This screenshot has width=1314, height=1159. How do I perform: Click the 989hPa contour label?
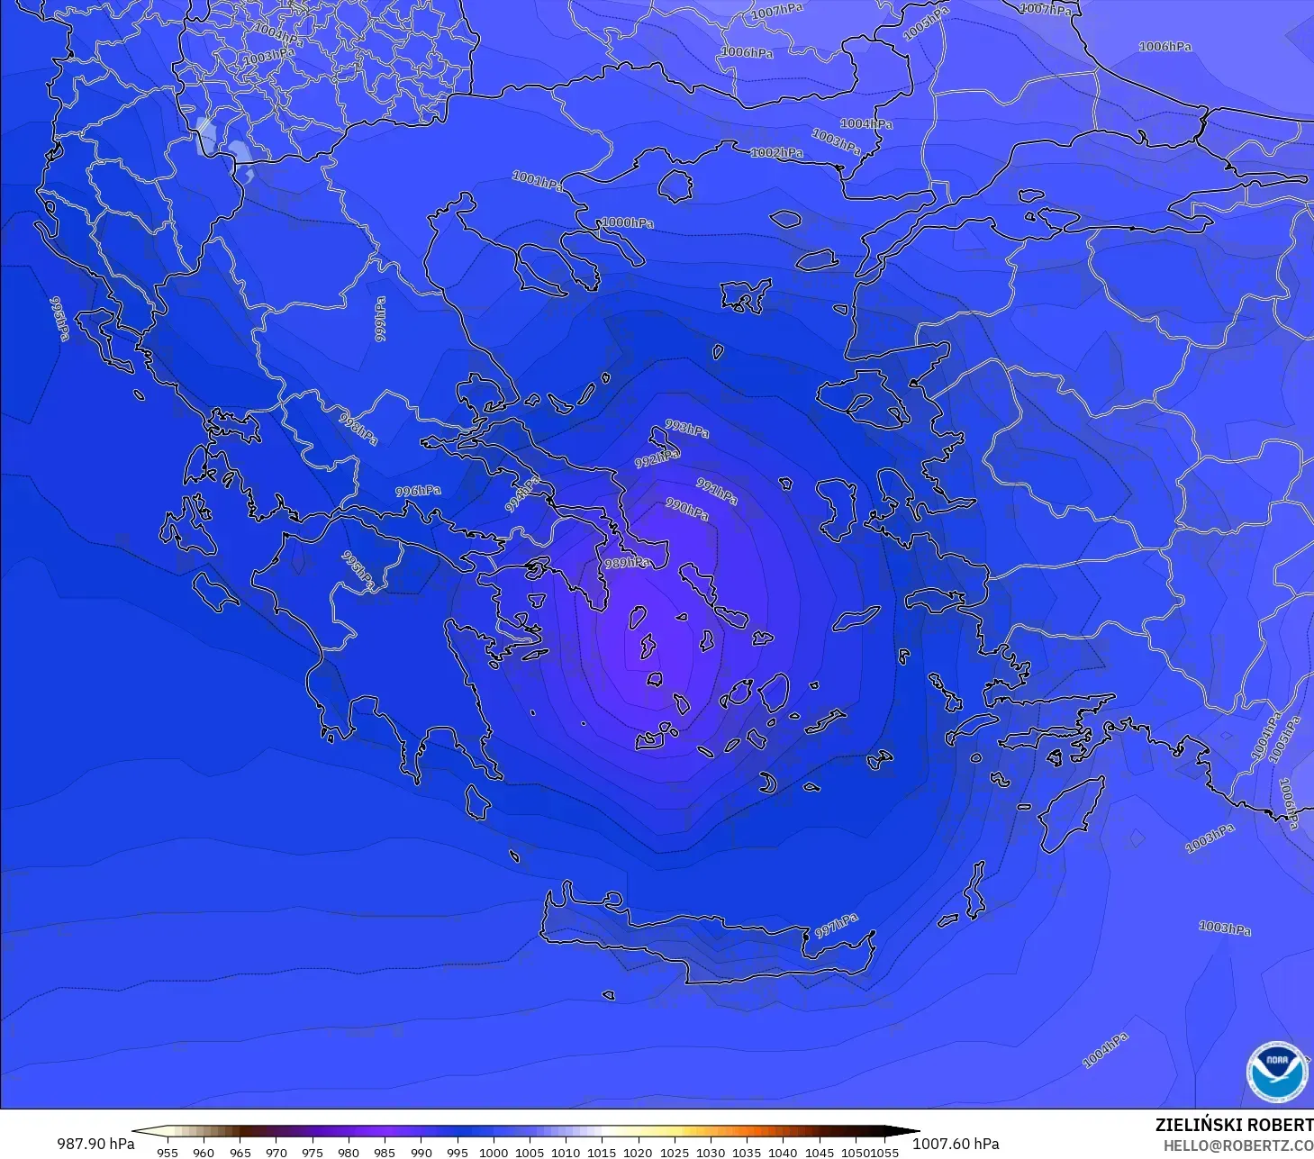pos(627,563)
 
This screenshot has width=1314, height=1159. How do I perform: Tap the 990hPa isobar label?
pos(687,510)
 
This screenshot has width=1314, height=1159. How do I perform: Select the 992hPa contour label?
pos(657,459)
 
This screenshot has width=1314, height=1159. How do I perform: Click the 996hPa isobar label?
pos(418,491)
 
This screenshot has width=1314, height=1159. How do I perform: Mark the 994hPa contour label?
pos(522,494)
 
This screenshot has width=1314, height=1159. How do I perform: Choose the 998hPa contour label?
pos(358,428)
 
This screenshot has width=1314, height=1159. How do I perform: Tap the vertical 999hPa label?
pos(380,319)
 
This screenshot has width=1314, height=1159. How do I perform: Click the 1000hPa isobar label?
pos(628,222)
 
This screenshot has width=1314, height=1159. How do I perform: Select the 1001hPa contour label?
pos(538,181)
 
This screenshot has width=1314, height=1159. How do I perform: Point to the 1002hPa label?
pos(777,153)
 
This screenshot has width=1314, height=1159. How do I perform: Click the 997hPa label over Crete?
pos(837,926)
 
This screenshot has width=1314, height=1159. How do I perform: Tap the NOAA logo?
pos(1277,1072)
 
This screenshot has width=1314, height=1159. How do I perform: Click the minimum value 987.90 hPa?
pos(95,1144)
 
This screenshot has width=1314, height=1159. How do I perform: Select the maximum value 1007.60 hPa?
pos(956,1144)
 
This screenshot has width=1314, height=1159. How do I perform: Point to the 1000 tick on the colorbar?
pos(494,1152)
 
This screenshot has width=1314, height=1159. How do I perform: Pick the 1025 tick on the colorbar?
pos(674,1152)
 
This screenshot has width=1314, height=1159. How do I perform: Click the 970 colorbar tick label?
pos(276,1152)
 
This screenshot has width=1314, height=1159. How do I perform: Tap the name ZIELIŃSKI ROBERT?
pos(1234,1125)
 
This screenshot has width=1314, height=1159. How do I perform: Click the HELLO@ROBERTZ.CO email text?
pos(1238,1146)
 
